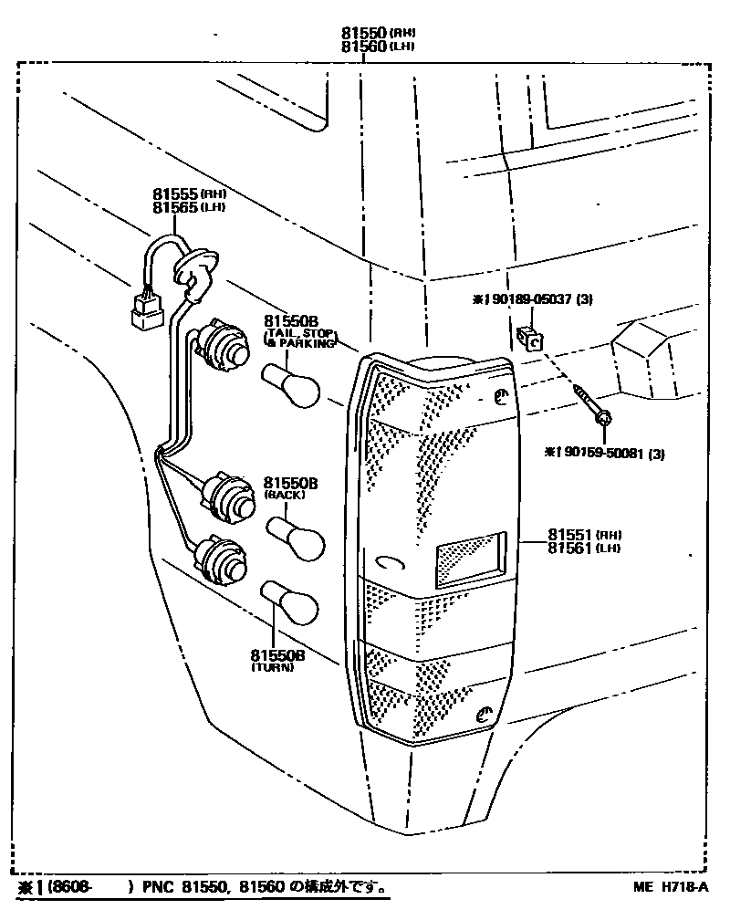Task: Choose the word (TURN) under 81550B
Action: click(x=272, y=667)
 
